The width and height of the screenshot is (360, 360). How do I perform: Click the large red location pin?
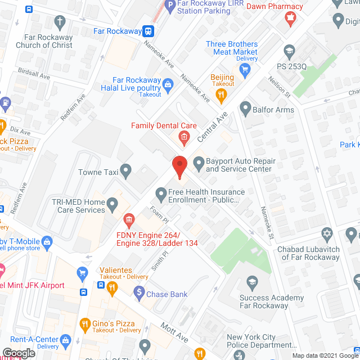pos(179,167)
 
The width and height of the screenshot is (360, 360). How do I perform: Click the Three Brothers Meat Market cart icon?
pos(245,70)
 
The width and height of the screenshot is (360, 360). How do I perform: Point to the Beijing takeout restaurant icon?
pos(222,96)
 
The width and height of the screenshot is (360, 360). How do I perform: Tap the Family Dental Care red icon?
pos(183,137)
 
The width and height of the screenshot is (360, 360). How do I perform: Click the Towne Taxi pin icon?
pos(126,169)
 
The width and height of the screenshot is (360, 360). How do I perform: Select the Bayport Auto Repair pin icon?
pos(198,164)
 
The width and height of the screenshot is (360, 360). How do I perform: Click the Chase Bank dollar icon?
pos(139,291)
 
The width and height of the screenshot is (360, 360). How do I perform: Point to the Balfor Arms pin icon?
pos(245,107)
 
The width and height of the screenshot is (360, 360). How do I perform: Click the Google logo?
pos(19,353)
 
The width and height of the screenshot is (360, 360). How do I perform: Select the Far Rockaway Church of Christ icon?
pos(61,22)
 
